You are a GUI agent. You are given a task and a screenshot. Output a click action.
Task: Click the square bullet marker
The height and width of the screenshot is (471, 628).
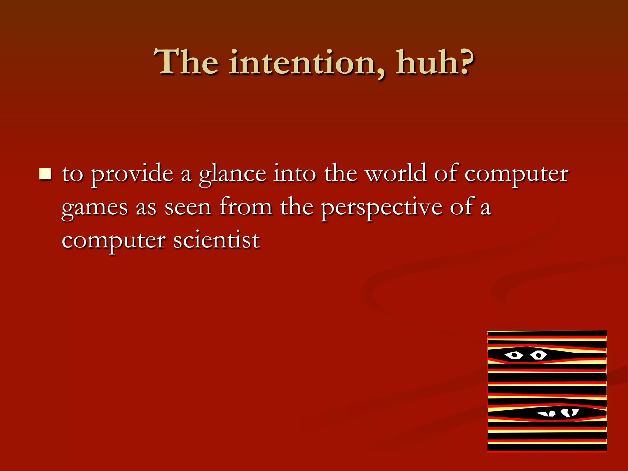[x=45, y=174]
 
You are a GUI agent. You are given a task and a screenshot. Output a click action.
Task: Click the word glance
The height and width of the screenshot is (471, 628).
[x=232, y=174]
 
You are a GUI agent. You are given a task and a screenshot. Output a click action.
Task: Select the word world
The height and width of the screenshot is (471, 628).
[x=396, y=174]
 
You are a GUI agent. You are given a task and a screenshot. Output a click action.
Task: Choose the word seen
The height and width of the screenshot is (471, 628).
[x=188, y=208]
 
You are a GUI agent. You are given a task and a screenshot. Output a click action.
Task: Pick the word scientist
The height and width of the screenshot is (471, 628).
[x=216, y=240]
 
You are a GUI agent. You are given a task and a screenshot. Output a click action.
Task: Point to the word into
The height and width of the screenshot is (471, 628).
[x=295, y=174]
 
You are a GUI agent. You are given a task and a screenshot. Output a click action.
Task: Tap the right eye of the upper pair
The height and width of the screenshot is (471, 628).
[x=538, y=355]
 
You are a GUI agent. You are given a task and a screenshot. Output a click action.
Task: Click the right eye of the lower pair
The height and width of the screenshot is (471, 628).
[x=570, y=412]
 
